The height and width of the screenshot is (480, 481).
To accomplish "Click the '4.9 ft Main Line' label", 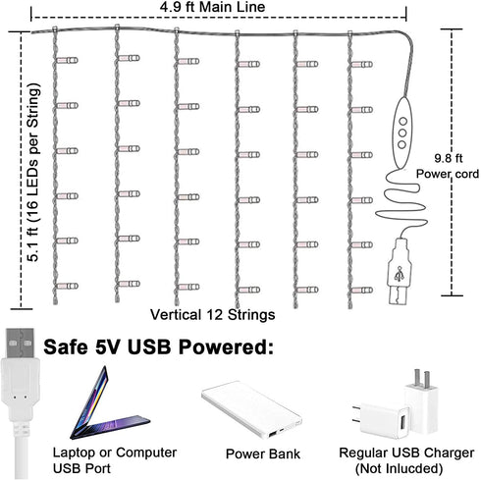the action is pyautogui.click(x=212, y=7).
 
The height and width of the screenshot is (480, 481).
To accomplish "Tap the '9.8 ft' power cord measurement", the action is pyautogui.click(x=449, y=158).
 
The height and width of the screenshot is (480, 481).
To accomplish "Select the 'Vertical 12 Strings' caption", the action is pyautogui.click(x=213, y=315).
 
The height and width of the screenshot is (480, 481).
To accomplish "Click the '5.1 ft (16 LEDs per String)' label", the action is pyautogui.click(x=33, y=173).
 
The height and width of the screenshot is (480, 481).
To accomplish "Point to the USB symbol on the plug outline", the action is pyautogui.click(x=399, y=274).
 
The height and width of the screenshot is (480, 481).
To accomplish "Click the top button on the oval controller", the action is pyautogui.click(x=402, y=122).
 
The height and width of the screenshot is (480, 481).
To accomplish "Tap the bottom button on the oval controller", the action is pyautogui.click(x=401, y=144).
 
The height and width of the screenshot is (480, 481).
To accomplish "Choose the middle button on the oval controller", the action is pyautogui.click(x=402, y=133).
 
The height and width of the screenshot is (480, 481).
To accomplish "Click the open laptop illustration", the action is pyautogui.click(x=108, y=405).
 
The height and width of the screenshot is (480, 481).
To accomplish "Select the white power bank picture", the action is pyautogui.click(x=251, y=409).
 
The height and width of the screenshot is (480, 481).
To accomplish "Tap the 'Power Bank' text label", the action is pyautogui.click(x=263, y=454).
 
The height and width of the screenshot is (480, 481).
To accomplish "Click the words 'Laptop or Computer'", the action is pyautogui.click(x=115, y=453).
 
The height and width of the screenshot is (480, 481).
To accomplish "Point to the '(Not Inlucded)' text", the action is pyautogui.click(x=399, y=468).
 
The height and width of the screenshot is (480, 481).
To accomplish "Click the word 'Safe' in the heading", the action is pyautogui.click(x=66, y=347).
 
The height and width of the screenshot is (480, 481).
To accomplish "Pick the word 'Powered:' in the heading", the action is pyautogui.click(x=226, y=347).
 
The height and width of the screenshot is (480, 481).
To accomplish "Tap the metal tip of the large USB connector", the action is pyautogui.click(x=21, y=344).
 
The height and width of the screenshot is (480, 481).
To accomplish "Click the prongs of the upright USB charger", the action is pyautogui.click(x=422, y=378).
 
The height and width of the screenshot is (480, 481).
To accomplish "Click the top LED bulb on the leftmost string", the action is pyautogui.click(x=67, y=60).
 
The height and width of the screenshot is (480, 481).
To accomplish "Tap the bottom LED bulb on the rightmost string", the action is pyautogui.click(x=362, y=290).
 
